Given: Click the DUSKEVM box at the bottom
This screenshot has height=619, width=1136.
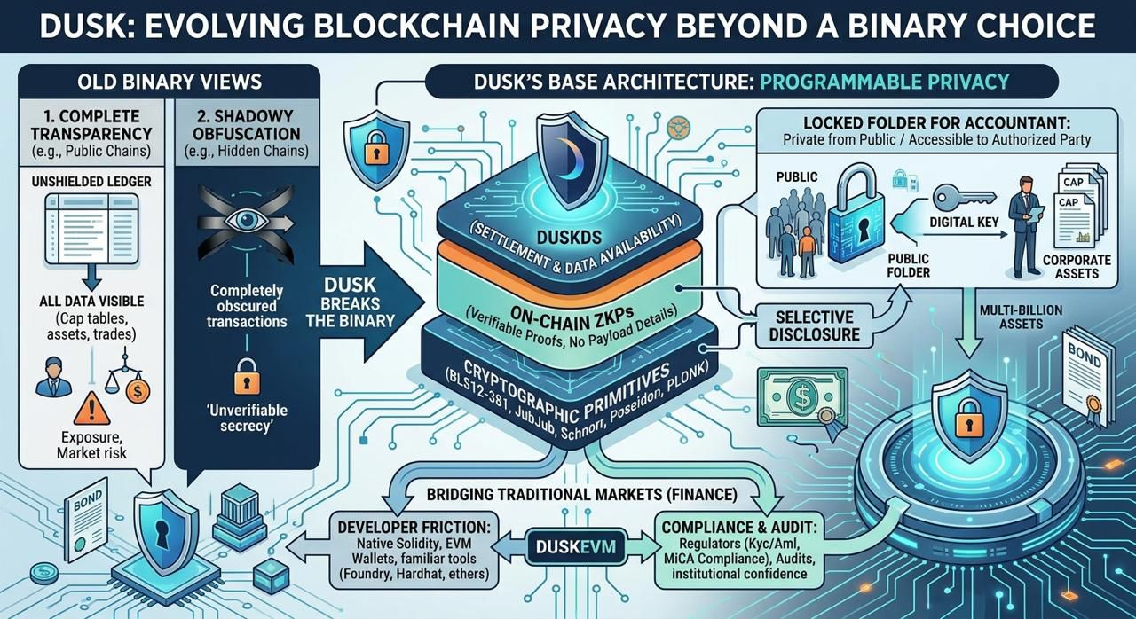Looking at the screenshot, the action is coord(576,547).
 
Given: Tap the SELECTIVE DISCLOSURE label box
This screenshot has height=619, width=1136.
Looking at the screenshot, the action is coord(815,325).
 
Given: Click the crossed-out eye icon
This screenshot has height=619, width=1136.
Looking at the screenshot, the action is coord(246,222).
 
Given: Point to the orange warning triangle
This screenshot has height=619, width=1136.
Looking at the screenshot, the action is coord(91,408).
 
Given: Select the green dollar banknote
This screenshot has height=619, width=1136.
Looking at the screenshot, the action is coord(801,396).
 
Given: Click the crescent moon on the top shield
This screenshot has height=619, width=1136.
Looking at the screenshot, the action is coord(572,157).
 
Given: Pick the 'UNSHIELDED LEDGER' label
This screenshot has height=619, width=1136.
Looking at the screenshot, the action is coord(91,181).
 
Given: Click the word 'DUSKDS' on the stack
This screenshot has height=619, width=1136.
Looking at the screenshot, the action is coord(570,237).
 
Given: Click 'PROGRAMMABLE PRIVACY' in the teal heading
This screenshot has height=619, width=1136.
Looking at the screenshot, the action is coord(885,82).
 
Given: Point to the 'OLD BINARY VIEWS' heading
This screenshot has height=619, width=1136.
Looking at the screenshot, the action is coord(170,82).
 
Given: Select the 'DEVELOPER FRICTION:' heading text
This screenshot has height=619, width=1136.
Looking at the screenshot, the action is coord(414,528).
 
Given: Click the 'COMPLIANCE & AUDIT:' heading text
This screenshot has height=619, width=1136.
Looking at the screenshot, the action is coord(739,528).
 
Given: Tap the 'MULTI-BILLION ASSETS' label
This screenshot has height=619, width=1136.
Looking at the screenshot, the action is coord(1021,317).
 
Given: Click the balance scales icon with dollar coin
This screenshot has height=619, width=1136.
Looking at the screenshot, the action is coord(127,376).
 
